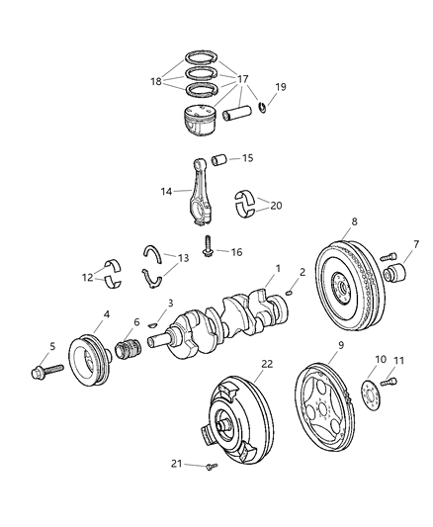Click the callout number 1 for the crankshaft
pos(279,267)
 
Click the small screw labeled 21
pos(211,466)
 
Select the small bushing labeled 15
pos(219,158)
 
